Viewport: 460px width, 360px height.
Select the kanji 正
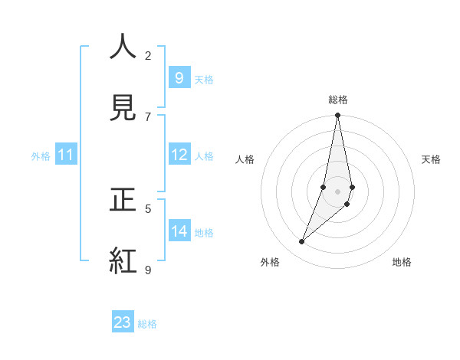[x=123, y=200]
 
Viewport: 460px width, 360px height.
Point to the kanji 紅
[x=123, y=261]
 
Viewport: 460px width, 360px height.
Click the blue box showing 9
[x=179, y=78]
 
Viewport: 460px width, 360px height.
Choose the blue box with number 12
[x=179, y=155]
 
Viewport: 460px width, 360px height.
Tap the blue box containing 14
[x=179, y=231]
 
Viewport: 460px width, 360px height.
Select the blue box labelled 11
[x=66, y=155]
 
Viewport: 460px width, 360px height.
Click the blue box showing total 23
[x=123, y=322]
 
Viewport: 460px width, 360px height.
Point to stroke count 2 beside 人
[x=148, y=55]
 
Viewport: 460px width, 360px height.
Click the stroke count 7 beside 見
[x=148, y=116]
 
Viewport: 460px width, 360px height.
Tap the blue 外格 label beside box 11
[x=41, y=156]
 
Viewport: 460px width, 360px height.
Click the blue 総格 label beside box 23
[x=147, y=324]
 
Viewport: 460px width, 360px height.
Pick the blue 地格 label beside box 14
[x=204, y=233]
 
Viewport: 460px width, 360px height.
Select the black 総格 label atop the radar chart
[x=337, y=100]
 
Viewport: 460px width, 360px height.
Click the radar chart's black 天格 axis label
[x=432, y=159]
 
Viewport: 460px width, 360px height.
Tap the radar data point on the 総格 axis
[x=337, y=116]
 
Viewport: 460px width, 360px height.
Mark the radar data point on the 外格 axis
[x=302, y=242]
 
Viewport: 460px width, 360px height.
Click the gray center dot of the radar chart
[x=337, y=191]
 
